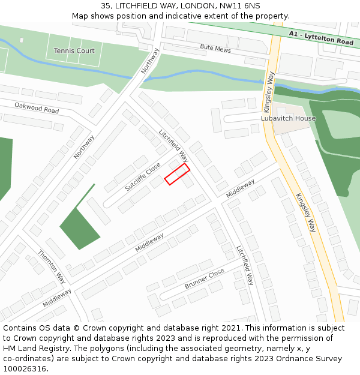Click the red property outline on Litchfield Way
tap(177, 174)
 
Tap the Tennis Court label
tap(74, 51)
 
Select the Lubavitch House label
tap(288, 118)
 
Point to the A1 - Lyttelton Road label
tap(320, 38)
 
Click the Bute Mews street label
tap(215, 47)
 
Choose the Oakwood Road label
tap(37, 108)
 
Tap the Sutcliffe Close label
tap(143, 176)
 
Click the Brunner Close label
tap(205, 278)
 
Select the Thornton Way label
tap(52, 266)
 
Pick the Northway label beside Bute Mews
tap(151, 61)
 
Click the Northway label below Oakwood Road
tap(84, 147)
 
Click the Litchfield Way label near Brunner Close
tap(245, 265)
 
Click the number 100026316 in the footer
tap(25, 368)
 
